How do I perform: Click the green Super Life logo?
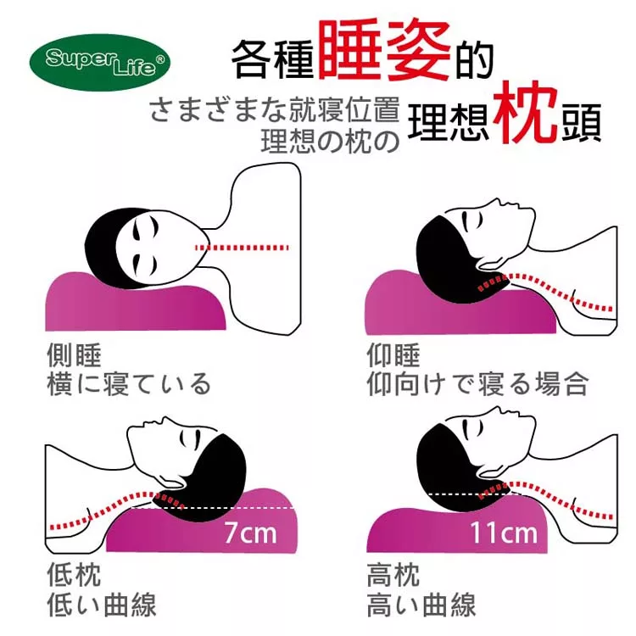(100, 62)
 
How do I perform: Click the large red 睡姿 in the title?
(384, 50)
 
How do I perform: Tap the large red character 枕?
(525, 112)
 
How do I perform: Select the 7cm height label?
(250, 533)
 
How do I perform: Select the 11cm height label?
(504, 533)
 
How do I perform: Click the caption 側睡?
(74, 355)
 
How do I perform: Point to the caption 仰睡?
(393, 355)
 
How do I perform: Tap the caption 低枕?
(74, 574)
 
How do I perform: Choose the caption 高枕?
(393, 574)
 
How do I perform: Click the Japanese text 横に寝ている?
(129, 384)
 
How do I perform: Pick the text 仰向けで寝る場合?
(477, 384)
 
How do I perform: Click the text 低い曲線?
(102, 605)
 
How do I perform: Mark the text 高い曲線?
(421, 605)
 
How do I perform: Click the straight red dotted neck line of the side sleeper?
(243, 248)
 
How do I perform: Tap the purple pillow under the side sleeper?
(136, 302)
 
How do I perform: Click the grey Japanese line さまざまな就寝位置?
(274, 110)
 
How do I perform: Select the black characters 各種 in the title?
(272, 59)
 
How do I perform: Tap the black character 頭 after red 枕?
(581, 122)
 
